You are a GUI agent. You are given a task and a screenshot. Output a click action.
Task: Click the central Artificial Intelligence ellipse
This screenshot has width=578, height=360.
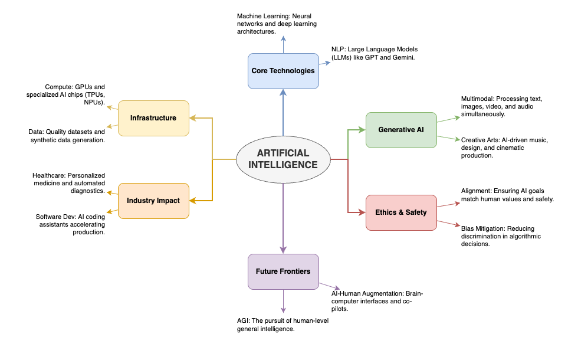coord(283,159)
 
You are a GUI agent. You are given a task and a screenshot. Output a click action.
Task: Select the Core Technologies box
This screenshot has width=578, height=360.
coord(283,71)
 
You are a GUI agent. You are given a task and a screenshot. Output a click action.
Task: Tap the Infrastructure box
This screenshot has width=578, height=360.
coord(153,118)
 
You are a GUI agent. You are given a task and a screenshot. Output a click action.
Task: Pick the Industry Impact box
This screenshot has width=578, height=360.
coord(153,201)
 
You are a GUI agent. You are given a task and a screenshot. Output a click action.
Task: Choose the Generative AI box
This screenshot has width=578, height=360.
coord(401,130)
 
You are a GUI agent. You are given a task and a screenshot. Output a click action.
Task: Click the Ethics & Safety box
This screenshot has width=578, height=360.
coord(401,212)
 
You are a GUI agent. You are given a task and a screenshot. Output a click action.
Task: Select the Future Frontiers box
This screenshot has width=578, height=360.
coord(283,271)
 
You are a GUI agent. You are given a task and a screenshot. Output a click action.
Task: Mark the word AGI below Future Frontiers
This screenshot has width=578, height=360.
coord(243,320)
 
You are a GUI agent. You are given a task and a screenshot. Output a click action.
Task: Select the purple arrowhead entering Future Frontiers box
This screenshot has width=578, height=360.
coord(283,250)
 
